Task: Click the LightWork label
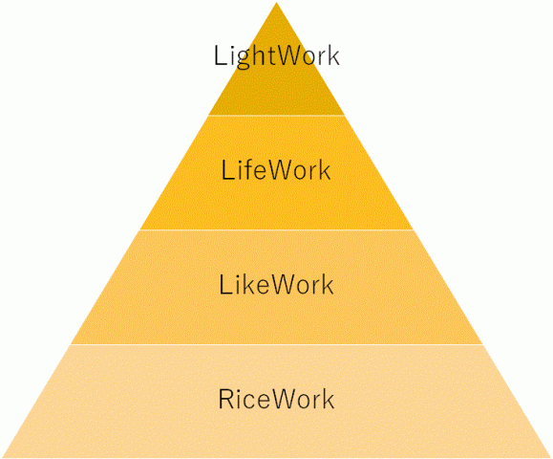(277, 55)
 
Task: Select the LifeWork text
(276, 170)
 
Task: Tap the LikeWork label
(276, 285)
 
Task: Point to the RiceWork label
(276, 399)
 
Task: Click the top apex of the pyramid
(277, 2)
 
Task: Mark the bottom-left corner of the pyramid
(2, 458)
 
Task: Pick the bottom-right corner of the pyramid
(551, 458)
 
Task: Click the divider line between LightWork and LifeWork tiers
(277, 115)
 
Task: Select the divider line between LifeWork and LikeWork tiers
(277, 229)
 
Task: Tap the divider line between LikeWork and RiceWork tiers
(277, 344)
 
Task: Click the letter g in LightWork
(240, 59)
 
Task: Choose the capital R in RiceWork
(226, 399)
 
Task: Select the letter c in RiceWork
(249, 403)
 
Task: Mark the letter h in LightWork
(256, 55)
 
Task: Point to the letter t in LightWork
(268, 56)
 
